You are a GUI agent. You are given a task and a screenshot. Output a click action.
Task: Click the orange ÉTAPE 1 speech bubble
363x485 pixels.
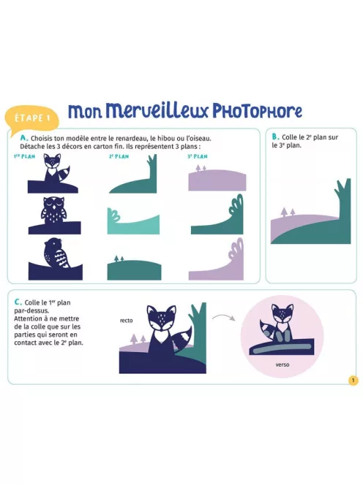point(32,118)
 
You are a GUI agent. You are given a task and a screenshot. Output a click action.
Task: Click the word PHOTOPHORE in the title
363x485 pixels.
point(258,111)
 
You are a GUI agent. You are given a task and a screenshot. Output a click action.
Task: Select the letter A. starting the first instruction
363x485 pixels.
point(24,138)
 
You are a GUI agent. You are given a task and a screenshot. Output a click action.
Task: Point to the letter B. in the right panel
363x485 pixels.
point(276,137)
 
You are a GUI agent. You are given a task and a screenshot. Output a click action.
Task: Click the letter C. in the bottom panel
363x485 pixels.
point(18,302)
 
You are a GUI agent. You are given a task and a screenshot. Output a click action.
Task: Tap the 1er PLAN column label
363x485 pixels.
point(24,156)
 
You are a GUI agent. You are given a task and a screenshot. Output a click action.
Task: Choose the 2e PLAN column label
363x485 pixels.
point(119,156)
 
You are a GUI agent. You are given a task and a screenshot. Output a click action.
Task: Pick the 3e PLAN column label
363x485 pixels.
point(198,156)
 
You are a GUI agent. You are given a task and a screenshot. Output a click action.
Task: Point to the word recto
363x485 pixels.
point(126,321)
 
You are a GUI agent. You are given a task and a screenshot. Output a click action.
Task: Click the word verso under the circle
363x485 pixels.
point(282,364)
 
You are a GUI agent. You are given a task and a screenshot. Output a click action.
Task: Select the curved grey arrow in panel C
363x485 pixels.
point(223,317)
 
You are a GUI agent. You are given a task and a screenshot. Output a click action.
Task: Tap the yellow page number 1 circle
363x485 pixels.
point(353,380)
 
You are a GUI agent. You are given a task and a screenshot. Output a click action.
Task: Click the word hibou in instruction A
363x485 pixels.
point(166,138)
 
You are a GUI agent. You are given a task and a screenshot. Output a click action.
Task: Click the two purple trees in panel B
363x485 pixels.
point(288,212)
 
